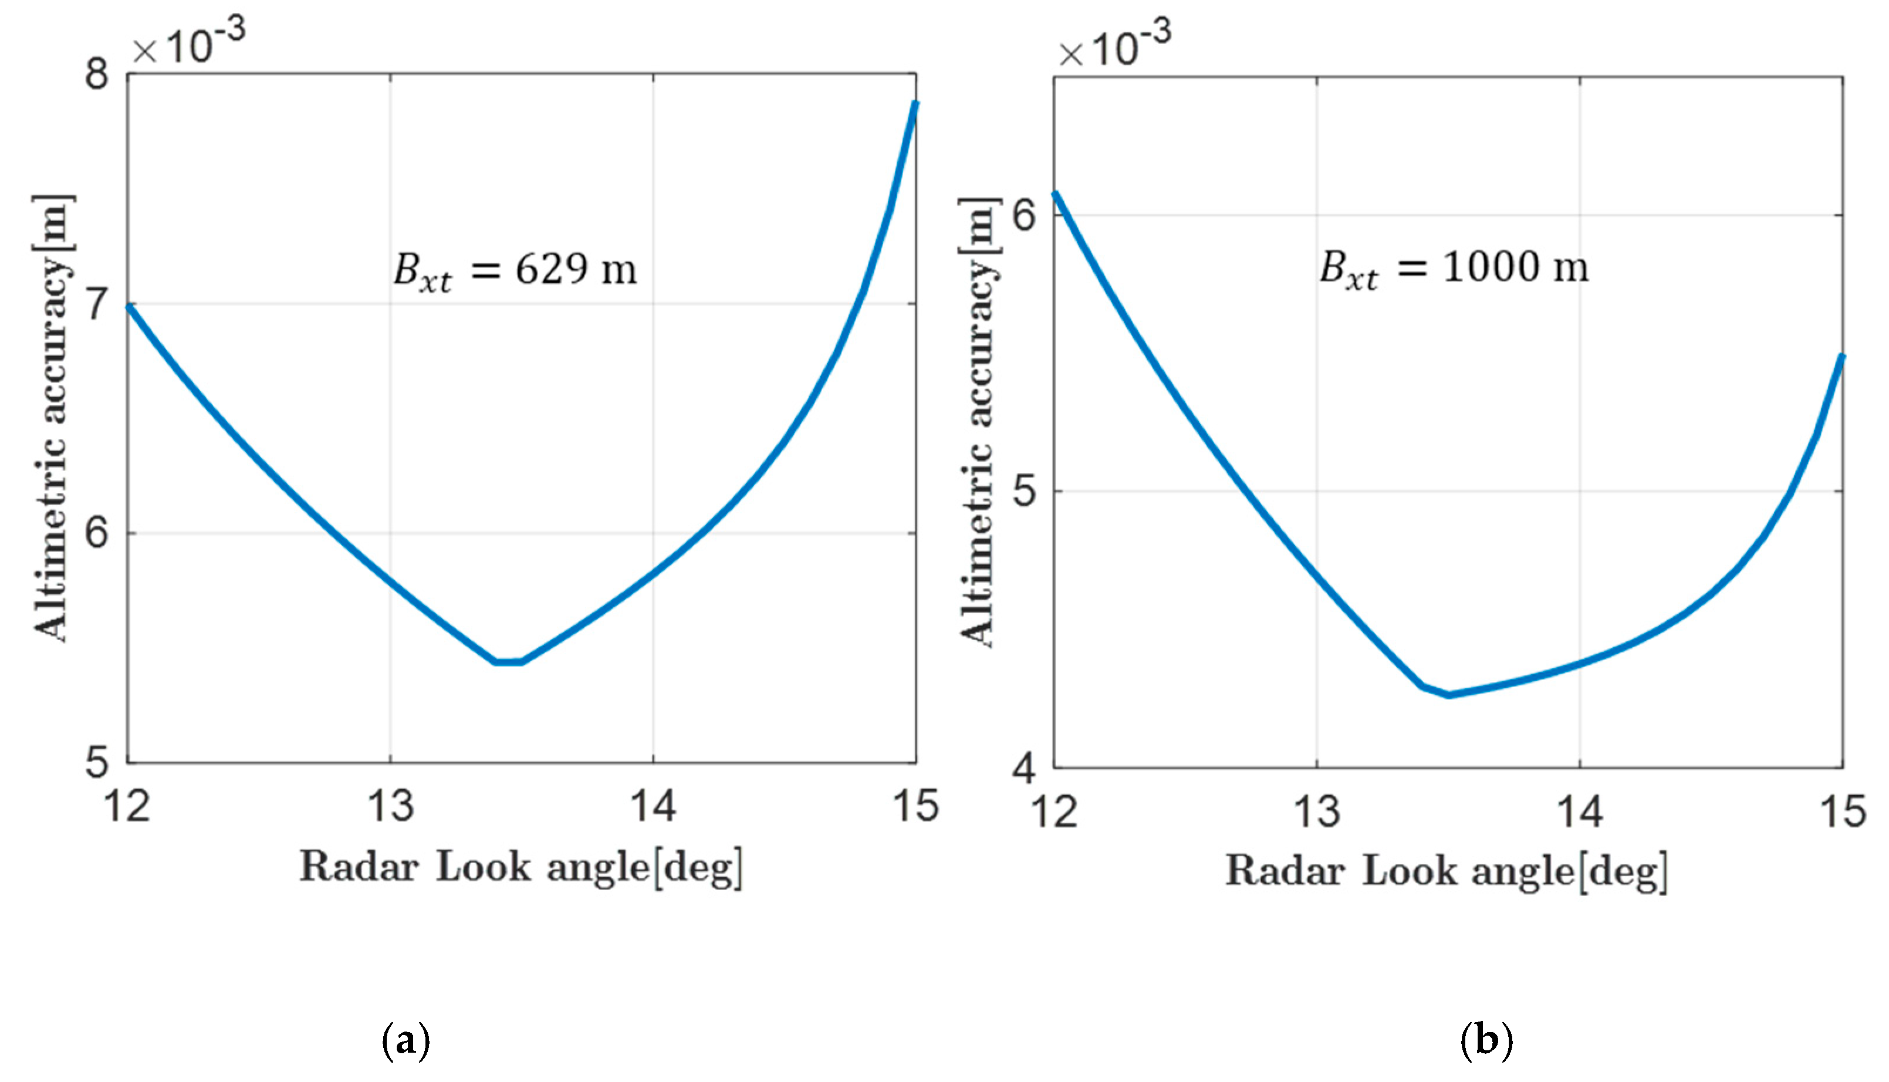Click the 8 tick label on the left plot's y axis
click(x=97, y=73)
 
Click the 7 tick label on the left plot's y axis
click(x=97, y=303)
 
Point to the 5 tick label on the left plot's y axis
click(x=97, y=762)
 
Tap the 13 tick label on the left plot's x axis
click(x=391, y=806)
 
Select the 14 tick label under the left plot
click(x=653, y=806)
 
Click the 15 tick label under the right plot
click(x=1842, y=811)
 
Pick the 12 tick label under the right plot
click(x=1055, y=811)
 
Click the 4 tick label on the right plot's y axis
click(x=1024, y=767)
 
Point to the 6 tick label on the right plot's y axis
click(x=1024, y=215)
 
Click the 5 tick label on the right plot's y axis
click(x=1024, y=491)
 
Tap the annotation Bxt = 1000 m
click(x=1454, y=268)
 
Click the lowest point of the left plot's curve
click(x=508, y=661)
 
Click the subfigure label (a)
click(x=405, y=1041)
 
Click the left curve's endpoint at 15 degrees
click(x=915, y=103)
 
